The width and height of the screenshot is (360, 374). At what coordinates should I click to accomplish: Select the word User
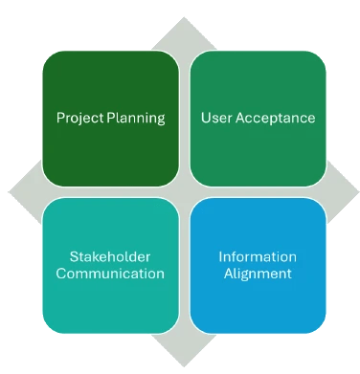pyautogui.click(x=216, y=120)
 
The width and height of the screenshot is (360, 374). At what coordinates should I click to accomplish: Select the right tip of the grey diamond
pyautogui.click(x=355, y=187)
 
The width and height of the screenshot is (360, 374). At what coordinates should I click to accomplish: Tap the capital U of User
pyautogui.click(x=204, y=120)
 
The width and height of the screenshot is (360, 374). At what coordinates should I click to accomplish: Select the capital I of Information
pyautogui.click(x=219, y=257)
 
